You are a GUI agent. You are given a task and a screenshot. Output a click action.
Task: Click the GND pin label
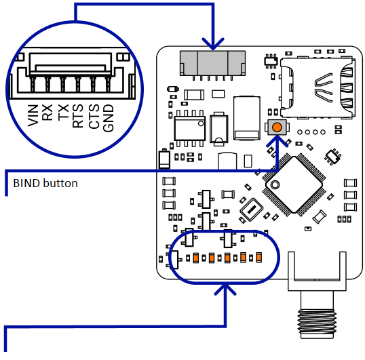point(109,116)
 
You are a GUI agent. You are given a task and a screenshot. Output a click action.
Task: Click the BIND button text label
point(45,183)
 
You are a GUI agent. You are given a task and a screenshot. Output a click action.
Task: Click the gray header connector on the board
point(212,62)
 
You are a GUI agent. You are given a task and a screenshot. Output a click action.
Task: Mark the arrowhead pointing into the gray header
point(212,45)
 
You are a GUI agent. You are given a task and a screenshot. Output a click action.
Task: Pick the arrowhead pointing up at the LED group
point(225,289)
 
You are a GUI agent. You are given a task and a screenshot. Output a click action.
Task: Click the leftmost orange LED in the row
point(195,258)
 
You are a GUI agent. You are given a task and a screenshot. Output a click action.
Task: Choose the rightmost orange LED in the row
point(258,258)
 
